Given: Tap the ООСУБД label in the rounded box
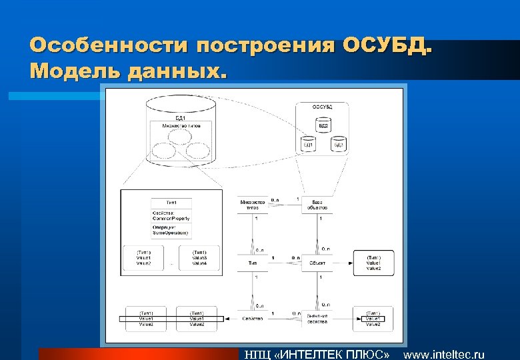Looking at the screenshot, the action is [323, 107].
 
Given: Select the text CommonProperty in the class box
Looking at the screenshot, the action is [171, 218].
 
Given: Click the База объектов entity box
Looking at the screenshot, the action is [317, 205].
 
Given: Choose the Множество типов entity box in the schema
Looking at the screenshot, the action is [252, 205].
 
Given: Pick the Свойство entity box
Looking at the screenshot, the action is [252, 319].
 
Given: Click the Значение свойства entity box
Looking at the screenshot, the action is [317, 319].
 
